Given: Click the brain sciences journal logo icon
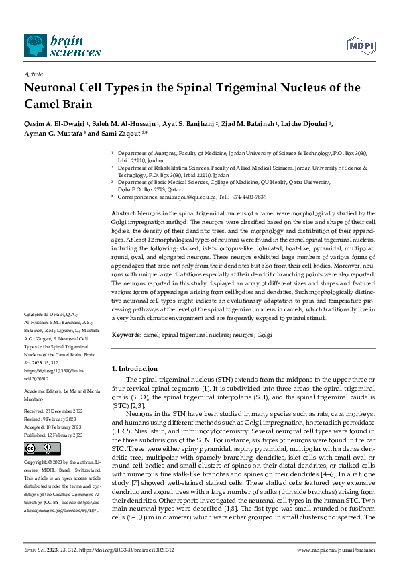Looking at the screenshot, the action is (36, 45).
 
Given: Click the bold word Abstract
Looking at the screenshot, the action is (122, 212).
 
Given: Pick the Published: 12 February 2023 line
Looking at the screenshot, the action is (53, 435).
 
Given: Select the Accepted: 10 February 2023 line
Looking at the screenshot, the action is (54, 427).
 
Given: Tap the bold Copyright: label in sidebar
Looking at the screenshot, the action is (36, 463).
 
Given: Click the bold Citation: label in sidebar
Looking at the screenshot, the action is (34, 314).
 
